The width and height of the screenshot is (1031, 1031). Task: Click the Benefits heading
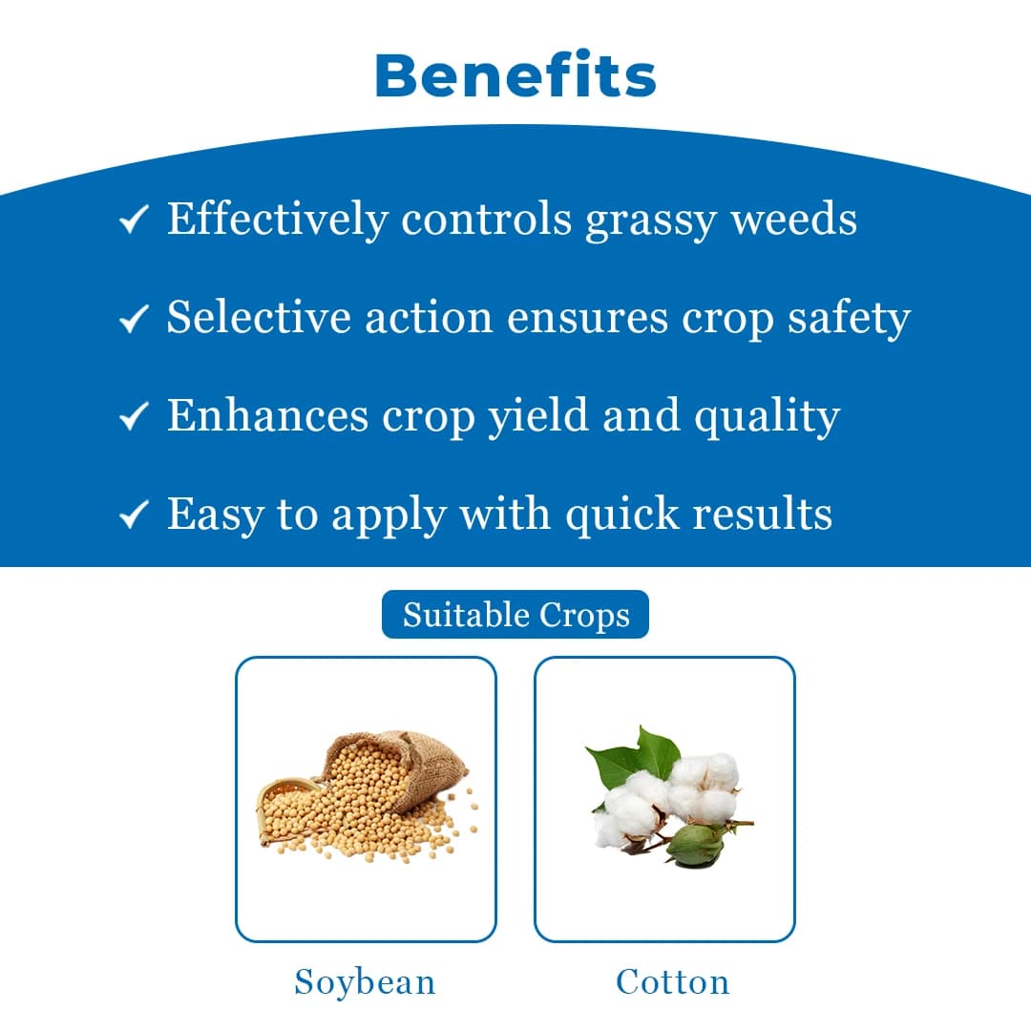pyautogui.click(x=515, y=75)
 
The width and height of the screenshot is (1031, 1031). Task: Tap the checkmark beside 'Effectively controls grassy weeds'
pyautogui.click(x=133, y=221)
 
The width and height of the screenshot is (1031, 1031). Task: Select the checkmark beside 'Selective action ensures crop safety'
pyautogui.click(x=133, y=319)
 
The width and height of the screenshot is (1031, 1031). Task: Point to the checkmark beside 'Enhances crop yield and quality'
pyautogui.click(x=133, y=417)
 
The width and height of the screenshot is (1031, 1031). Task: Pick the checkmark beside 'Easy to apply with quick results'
pyautogui.click(x=133, y=515)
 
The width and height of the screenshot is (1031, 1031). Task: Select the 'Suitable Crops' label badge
pyautogui.click(x=515, y=615)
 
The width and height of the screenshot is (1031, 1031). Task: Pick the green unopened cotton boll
pyautogui.click(x=696, y=843)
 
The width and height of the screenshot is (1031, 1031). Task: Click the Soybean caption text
pyautogui.click(x=365, y=981)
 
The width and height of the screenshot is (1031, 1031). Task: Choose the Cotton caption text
pyautogui.click(x=673, y=981)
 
